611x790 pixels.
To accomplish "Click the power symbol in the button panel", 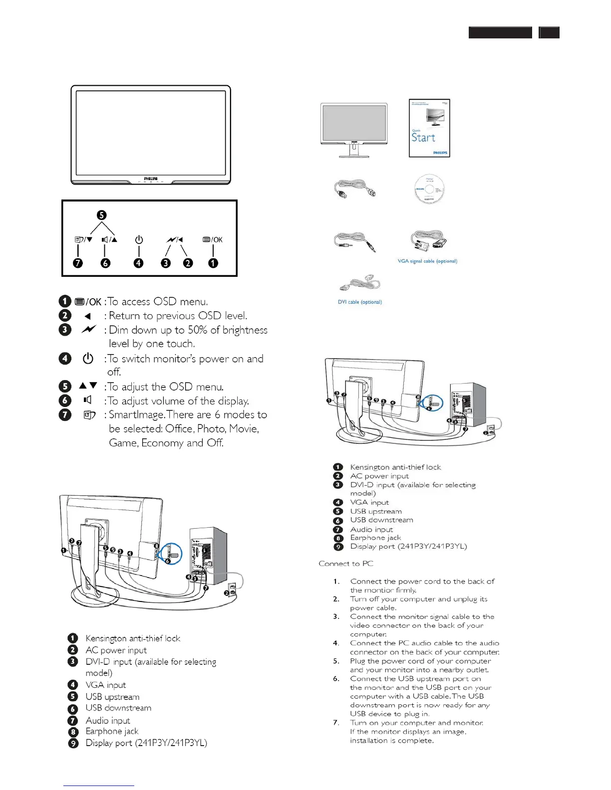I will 139,240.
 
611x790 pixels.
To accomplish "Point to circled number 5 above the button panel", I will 101,215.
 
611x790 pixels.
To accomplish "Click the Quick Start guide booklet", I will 429,128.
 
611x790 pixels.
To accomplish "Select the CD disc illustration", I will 429,189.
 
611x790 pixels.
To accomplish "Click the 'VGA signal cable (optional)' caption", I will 427,261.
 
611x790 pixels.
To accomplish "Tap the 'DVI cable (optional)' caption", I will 360,302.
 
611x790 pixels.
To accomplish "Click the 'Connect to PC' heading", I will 346,564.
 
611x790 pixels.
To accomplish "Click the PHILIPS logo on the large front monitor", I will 151,178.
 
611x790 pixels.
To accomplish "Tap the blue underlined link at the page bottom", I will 99,786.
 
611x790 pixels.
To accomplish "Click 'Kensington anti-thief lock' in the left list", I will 133,638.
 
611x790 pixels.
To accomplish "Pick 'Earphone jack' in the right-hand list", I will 375,538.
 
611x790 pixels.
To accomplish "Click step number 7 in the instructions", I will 336,723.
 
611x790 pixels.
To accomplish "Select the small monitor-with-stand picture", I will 354,130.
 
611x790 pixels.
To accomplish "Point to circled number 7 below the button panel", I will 78,263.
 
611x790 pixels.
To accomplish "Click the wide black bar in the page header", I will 500,33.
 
